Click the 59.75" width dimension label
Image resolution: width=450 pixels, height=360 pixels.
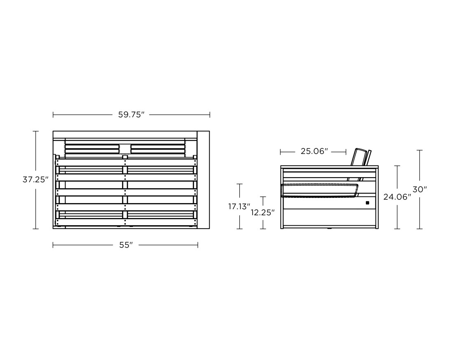click(131, 115)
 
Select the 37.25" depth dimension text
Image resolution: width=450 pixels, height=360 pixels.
click(35, 180)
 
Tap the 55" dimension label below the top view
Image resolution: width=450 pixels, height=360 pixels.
click(126, 245)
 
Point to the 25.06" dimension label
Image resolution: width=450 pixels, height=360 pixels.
click(314, 152)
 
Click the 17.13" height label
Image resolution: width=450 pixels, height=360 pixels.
click(239, 206)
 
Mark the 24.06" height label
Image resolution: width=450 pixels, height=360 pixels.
click(397, 197)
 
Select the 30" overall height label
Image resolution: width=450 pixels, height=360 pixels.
click(420, 189)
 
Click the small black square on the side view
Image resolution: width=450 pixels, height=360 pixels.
click(367, 203)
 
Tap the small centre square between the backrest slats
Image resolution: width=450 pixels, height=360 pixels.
click(125, 149)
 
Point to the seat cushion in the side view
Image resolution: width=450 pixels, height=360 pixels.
click(319, 191)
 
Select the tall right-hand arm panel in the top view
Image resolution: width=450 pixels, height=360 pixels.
click(203, 179)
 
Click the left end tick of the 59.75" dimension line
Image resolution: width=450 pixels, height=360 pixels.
click(53, 115)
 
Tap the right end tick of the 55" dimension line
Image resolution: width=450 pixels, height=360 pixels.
click(198, 245)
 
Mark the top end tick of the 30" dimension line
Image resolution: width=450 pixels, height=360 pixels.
click(420, 150)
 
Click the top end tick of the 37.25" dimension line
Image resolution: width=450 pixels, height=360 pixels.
click(35, 131)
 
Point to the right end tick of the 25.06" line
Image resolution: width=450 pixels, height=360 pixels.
click(346, 152)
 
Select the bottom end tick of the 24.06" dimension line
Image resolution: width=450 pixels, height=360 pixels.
click(397, 229)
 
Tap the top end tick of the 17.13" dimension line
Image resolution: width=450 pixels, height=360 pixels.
click(239, 184)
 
